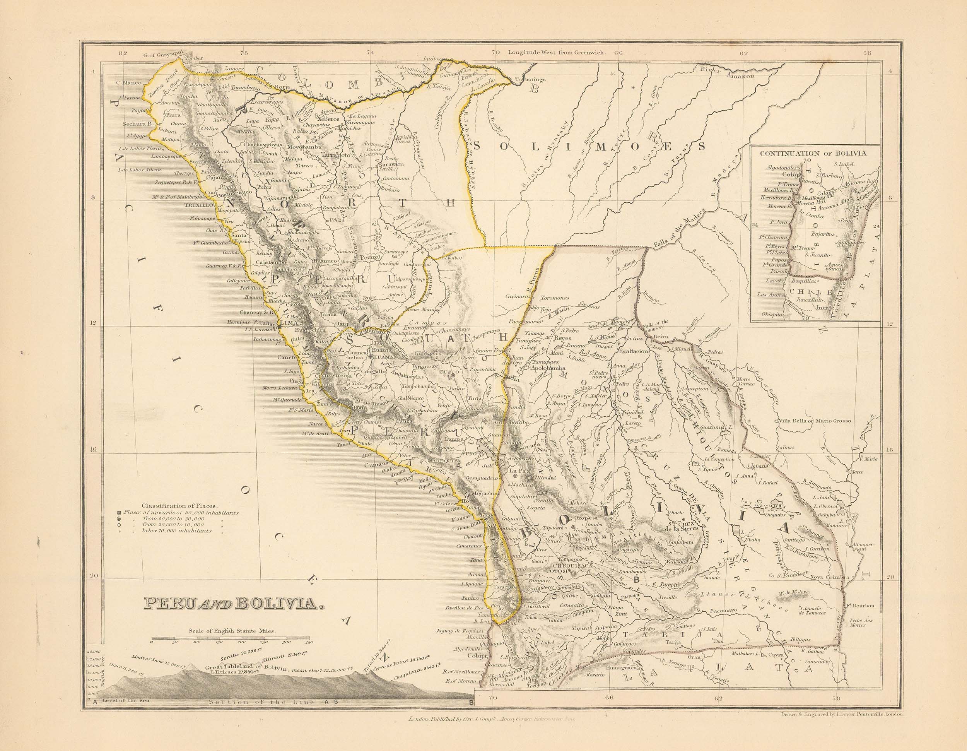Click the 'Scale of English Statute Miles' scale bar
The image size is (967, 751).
click(x=232, y=641)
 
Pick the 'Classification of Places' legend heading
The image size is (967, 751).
click(x=179, y=505)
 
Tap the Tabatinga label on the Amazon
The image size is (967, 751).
click(x=529, y=80)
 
